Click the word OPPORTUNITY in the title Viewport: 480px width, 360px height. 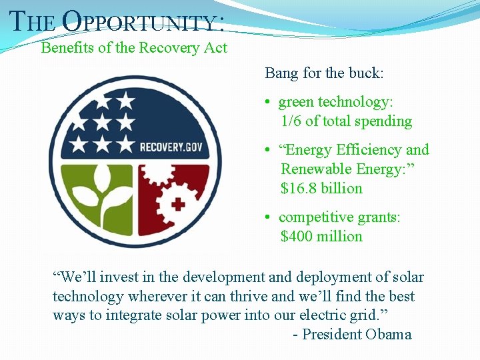click(142, 22)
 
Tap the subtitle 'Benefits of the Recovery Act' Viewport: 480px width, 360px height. click(134, 48)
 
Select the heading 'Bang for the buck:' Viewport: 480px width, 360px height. click(324, 73)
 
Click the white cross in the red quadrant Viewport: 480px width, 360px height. click(178, 204)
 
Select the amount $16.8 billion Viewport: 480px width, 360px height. click(321, 189)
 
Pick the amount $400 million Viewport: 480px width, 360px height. click(321, 237)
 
